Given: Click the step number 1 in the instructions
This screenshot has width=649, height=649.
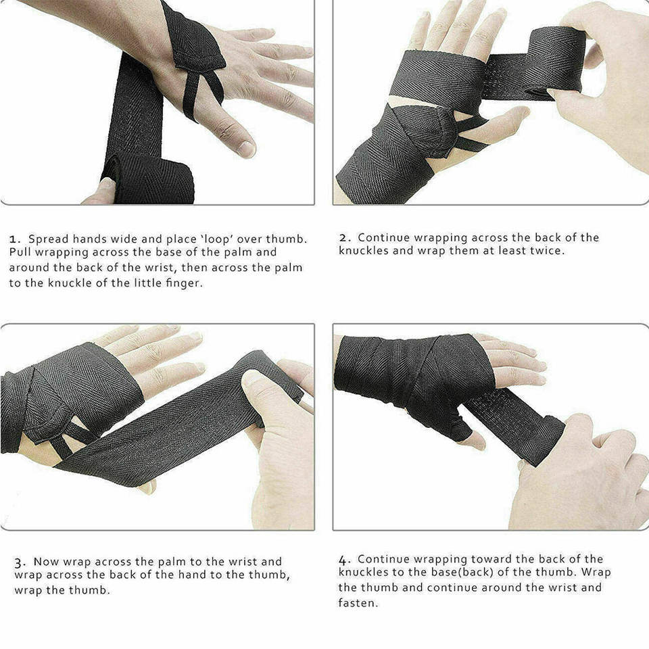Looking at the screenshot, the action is click(x=14, y=239).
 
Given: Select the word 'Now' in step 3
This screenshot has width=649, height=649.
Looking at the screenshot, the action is click(x=47, y=562).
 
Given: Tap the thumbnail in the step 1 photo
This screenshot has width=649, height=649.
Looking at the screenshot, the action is click(x=246, y=149).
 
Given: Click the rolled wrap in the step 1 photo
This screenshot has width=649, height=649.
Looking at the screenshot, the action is click(x=148, y=178).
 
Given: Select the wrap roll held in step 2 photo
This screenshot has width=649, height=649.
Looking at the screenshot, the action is click(x=554, y=61).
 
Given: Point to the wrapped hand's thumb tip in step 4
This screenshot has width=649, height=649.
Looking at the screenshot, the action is click(x=477, y=441).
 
